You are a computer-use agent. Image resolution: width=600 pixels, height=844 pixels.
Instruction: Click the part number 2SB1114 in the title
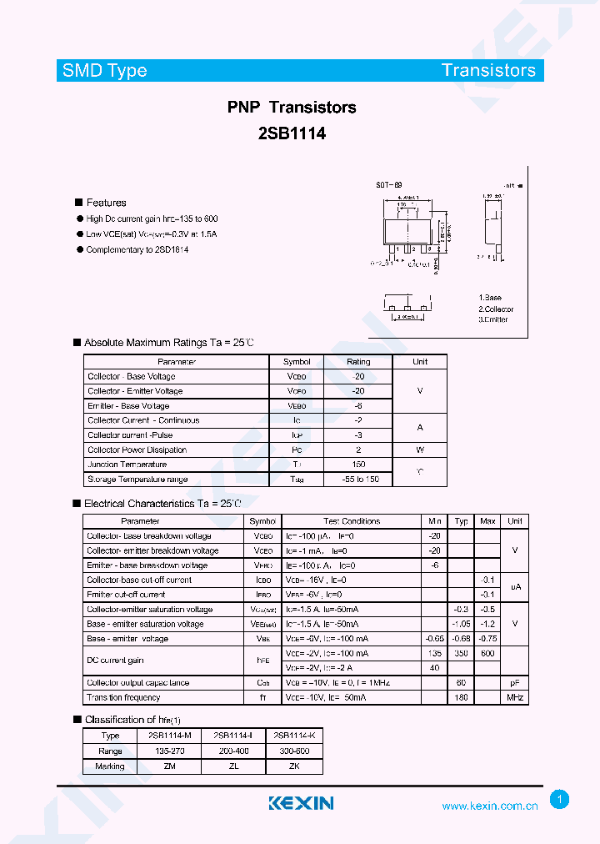[x=292, y=132]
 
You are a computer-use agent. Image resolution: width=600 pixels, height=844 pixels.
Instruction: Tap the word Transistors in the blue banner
[x=488, y=70]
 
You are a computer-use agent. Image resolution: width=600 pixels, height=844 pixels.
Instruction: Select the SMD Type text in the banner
[x=105, y=70]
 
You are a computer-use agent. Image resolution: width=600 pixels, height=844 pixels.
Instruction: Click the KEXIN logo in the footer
[x=301, y=803]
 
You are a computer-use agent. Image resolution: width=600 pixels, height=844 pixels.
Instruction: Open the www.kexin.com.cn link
[x=489, y=806]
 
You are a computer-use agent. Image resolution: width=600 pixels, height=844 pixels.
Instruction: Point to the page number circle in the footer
[x=560, y=800]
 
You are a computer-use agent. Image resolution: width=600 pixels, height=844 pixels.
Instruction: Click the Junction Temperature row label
[x=127, y=465]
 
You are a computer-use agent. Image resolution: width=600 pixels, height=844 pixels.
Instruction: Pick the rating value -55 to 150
[x=358, y=480]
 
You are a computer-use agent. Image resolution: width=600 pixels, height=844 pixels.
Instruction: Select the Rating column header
[x=358, y=362]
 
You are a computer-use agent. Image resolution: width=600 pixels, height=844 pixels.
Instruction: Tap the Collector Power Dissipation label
[x=137, y=450]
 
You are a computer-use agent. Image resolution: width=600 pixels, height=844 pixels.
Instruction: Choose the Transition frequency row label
[x=123, y=697]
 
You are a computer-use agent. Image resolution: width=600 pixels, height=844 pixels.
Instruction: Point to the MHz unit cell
[x=515, y=697]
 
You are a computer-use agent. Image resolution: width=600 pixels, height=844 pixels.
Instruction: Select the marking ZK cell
[x=293, y=766]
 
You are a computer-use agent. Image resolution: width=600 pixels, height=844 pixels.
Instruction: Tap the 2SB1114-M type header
[x=169, y=736]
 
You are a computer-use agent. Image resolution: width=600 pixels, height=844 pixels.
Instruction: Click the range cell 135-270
[x=169, y=751]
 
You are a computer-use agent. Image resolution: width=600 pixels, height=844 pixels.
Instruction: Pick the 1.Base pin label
[x=490, y=298]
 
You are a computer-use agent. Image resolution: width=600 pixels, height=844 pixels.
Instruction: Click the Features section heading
[x=106, y=203]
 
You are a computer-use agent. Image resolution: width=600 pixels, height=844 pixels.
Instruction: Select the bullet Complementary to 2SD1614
[x=137, y=249]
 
